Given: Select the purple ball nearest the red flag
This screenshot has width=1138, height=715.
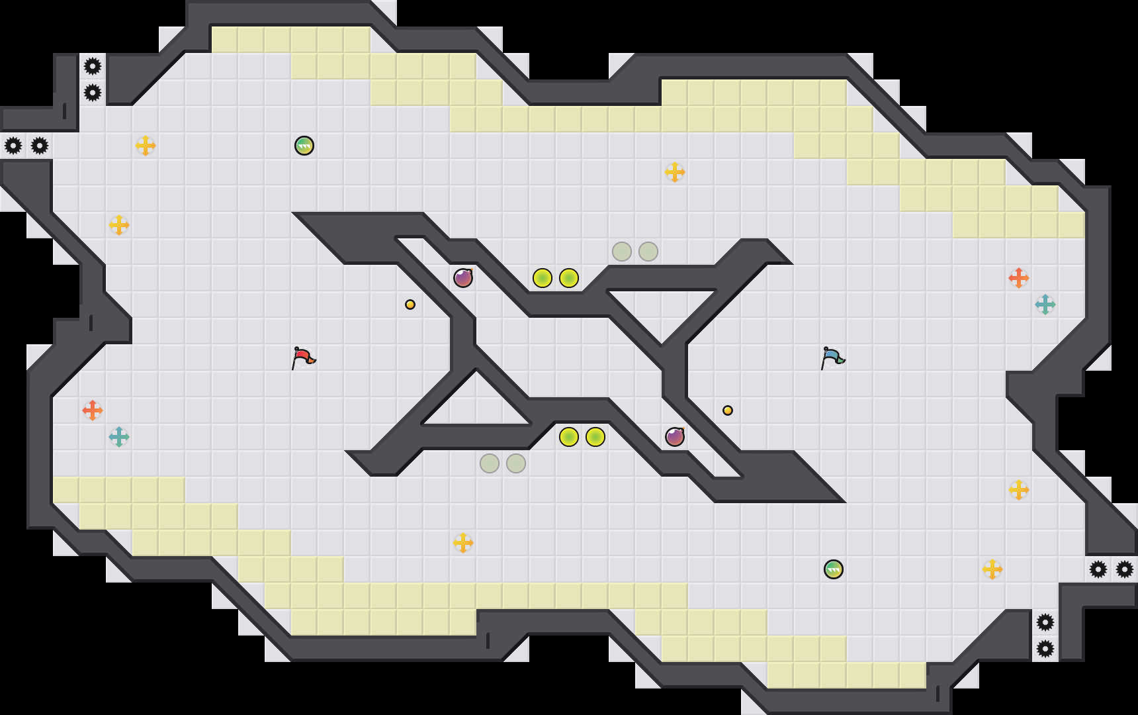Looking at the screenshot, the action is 463,278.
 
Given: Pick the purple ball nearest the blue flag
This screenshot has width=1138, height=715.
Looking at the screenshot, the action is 675,437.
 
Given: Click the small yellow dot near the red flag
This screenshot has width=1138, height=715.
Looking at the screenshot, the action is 410,305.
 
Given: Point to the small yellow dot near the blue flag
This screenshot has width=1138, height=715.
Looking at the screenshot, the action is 728,410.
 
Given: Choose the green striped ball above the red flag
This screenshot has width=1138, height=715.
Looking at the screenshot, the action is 304,146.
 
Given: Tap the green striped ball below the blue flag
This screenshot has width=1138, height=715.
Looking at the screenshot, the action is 834,569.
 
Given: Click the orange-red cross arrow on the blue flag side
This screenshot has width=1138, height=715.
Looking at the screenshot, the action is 1019,278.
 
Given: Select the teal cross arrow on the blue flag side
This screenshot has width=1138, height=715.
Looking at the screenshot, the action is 1045,305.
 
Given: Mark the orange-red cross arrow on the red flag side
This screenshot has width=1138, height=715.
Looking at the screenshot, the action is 93,410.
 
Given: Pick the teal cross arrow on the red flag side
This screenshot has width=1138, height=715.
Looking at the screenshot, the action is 119,437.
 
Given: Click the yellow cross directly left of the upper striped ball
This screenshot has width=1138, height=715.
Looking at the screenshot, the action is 146,146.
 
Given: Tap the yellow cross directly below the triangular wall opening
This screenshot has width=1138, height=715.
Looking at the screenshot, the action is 463,543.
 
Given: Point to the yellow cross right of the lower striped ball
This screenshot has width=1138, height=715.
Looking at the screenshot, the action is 992,569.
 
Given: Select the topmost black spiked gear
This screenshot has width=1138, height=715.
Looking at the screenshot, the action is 93,66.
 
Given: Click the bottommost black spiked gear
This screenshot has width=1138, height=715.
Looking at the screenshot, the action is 1045,649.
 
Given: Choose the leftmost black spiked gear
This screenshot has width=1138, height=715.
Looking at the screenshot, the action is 13,146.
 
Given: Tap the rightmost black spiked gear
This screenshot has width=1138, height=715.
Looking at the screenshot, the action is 1125,569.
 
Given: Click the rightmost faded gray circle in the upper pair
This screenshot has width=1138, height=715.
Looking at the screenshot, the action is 648,252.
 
